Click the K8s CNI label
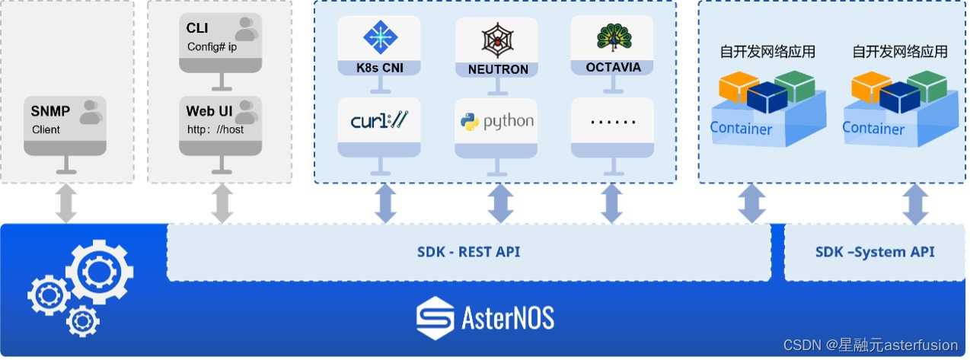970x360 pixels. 378,68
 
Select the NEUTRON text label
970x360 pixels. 498,69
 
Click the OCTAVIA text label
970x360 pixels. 613,67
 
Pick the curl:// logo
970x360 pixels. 378,120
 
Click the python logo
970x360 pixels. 496,121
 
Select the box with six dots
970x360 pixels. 613,121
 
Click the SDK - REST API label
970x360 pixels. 468,252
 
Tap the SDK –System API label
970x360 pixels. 875,252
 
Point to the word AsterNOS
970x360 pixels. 508,317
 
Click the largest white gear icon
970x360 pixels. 99,271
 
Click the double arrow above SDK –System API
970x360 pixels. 915,204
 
